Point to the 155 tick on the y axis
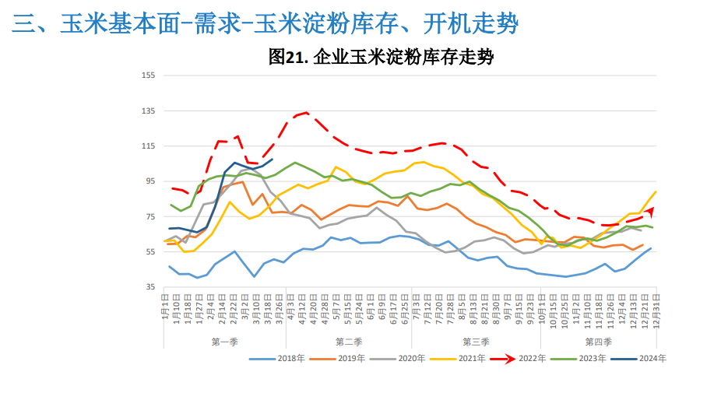pyautogui.click(x=149, y=75)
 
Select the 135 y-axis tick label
pyautogui.click(x=149, y=111)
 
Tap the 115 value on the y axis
pyautogui.click(x=149, y=146)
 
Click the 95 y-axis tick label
pyautogui.click(x=150, y=181)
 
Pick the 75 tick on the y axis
pyautogui.click(x=150, y=216)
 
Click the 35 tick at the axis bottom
pyautogui.click(x=150, y=287)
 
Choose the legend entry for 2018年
pyautogui.click(x=284, y=359)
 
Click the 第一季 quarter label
pyautogui.click(x=225, y=342)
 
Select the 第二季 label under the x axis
pyautogui.click(x=349, y=342)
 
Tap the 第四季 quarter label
pyautogui.click(x=598, y=342)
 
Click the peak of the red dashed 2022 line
pyautogui.click(x=306, y=113)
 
